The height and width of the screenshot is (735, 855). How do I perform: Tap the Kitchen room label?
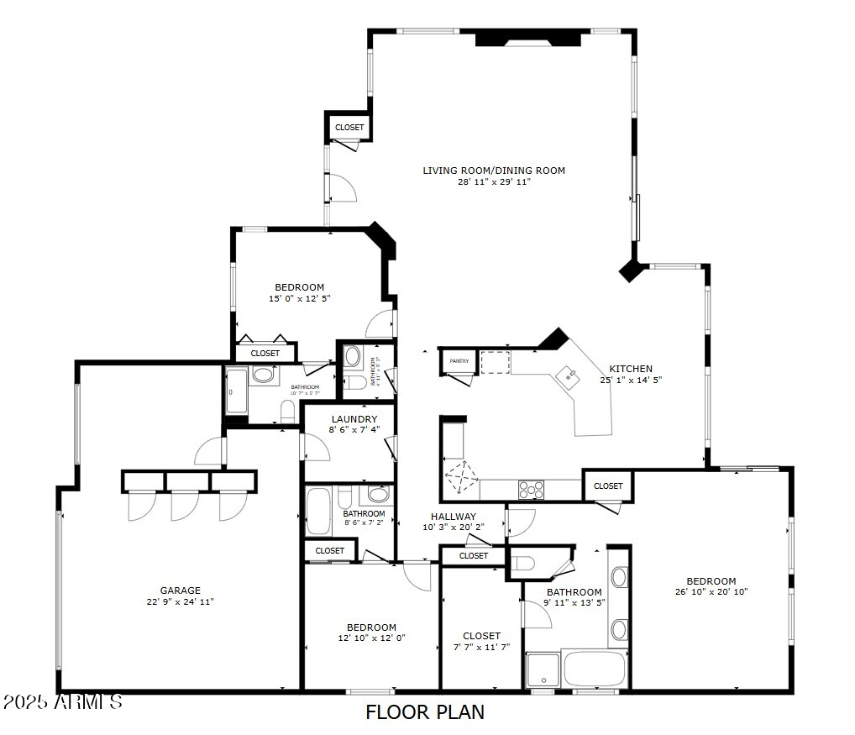[630, 369]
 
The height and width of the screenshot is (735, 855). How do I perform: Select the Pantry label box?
[459, 361]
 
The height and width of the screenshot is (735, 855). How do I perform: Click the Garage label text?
[181, 591]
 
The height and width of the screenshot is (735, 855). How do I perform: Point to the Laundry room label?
[354, 419]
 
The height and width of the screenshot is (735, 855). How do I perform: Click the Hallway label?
[454, 517]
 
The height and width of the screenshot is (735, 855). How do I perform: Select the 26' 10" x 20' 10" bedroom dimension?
[711, 591]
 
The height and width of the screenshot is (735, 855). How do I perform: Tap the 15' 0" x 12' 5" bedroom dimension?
[300, 298]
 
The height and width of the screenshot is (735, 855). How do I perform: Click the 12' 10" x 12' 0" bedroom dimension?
[371, 638]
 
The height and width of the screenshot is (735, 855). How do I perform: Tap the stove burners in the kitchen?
[531, 488]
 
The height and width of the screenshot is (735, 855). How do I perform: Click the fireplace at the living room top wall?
[528, 39]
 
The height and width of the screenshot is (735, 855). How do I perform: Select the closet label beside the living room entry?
[349, 128]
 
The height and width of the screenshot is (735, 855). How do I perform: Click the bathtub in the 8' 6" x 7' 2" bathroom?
[318, 510]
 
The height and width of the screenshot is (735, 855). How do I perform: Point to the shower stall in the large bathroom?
[543, 669]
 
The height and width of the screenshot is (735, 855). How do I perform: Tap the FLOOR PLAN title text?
[425, 712]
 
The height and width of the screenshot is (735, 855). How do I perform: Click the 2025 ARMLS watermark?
[62, 701]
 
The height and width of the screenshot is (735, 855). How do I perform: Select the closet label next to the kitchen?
[608, 486]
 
